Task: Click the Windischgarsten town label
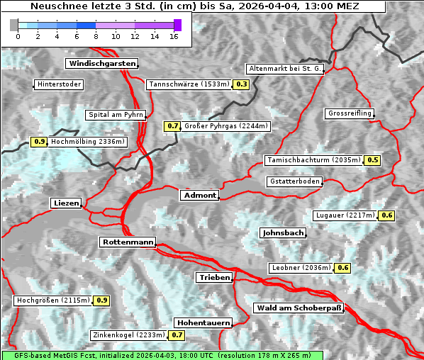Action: [101, 64]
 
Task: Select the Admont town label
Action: [199, 195]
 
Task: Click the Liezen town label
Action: [66, 203]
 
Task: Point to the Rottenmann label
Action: [128, 242]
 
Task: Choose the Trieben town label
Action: [214, 277]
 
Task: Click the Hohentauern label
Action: [203, 322]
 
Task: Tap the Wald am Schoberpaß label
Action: [298, 308]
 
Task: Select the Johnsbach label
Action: [283, 232]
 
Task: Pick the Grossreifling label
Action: [349, 113]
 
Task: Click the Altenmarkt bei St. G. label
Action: [285, 69]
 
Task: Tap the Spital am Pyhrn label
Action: [116, 115]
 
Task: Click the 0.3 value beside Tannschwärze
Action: [242, 84]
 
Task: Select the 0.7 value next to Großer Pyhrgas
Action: [172, 126]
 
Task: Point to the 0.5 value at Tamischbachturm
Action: [372, 160]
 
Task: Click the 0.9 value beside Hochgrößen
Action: [101, 300]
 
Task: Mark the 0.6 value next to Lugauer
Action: [386, 215]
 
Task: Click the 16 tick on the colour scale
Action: [174, 35]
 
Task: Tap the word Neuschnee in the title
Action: [54, 6]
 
